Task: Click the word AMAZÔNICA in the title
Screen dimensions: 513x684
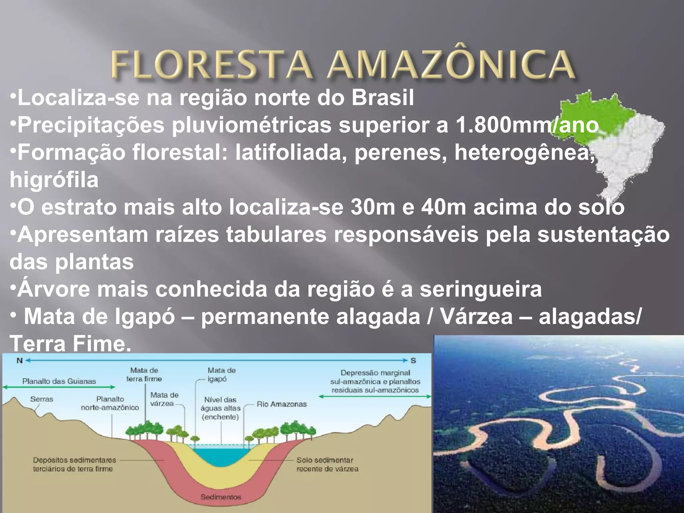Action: pos(451,65)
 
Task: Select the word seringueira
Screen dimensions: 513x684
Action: pos(481,290)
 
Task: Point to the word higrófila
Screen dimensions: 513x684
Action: pos(54,180)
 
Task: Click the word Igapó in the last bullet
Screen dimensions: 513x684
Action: pos(145,317)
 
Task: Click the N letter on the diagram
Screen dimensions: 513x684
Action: pos(20,361)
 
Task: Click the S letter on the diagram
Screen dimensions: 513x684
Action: pos(413,361)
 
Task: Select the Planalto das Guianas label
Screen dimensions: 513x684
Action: pos(59,381)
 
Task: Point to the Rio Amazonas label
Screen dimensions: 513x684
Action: pos(282,404)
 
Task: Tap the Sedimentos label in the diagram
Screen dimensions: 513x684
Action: pos(221,497)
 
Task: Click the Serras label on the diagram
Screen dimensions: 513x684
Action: pos(42,399)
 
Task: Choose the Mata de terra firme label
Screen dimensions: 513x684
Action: pos(144,375)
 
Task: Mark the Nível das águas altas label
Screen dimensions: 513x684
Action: pos(220,408)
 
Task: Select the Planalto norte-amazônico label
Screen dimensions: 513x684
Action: pos(110,403)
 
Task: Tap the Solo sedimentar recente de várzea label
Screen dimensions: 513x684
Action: pos(327,465)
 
